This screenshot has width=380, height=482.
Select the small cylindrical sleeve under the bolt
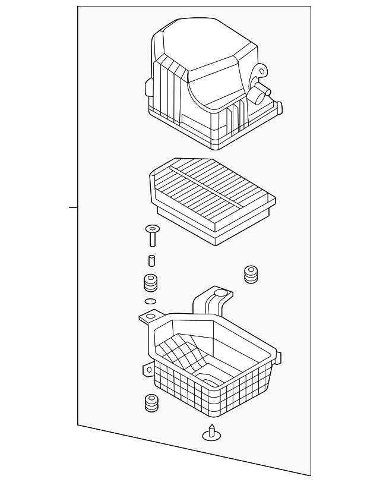point(152,260)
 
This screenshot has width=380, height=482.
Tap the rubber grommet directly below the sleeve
point(151,283)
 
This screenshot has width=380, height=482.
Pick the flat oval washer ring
point(151,301)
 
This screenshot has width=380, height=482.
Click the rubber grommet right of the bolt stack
point(252,275)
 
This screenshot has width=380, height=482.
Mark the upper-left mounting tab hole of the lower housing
point(144,318)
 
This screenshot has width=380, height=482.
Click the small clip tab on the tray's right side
point(278,358)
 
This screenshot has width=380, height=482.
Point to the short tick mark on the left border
point(73,207)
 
